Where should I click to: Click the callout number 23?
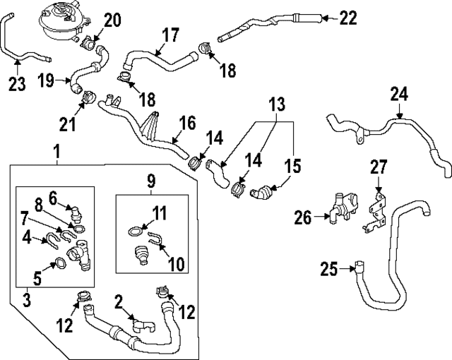click(17, 84)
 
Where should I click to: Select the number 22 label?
click(348, 18)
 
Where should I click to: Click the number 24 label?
click(399, 93)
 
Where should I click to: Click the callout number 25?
click(329, 269)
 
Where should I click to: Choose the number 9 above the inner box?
click(151, 181)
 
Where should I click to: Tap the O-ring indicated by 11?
click(133, 230)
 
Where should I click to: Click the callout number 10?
click(176, 264)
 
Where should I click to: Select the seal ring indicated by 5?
click(61, 263)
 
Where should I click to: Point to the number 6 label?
click(52, 197)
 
